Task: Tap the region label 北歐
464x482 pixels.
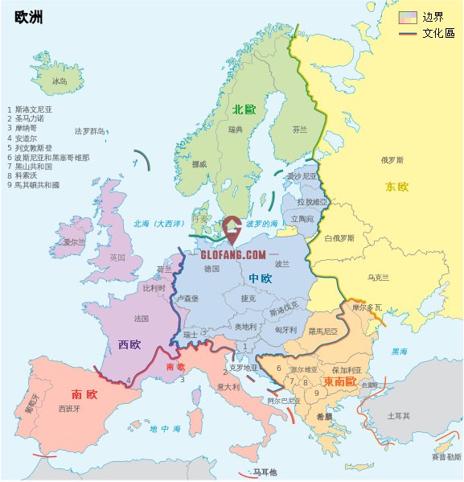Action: pyautogui.click(x=243, y=109)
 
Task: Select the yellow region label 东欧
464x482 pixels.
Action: pyautogui.click(x=396, y=187)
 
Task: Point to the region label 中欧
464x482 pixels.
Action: pyautogui.click(x=260, y=278)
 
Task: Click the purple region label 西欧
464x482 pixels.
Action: pyautogui.click(x=129, y=344)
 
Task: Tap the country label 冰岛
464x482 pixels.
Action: pyautogui.click(x=60, y=81)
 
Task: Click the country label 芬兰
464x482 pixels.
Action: pyautogui.click(x=299, y=129)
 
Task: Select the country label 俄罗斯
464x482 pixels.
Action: pyautogui.click(x=392, y=159)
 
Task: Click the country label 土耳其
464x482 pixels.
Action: pyautogui.click(x=399, y=416)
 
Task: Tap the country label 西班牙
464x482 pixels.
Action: pyautogui.click(x=70, y=409)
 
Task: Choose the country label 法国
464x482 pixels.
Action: pyautogui.click(x=142, y=319)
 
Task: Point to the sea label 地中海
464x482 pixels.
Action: pyautogui.click(x=165, y=429)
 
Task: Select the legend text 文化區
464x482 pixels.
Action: pyautogui.click(x=438, y=33)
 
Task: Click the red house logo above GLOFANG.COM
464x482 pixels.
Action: pyautogui.click(x=232, y=230)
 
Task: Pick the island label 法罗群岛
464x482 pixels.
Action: pyautogui.click(x=90, y=130)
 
